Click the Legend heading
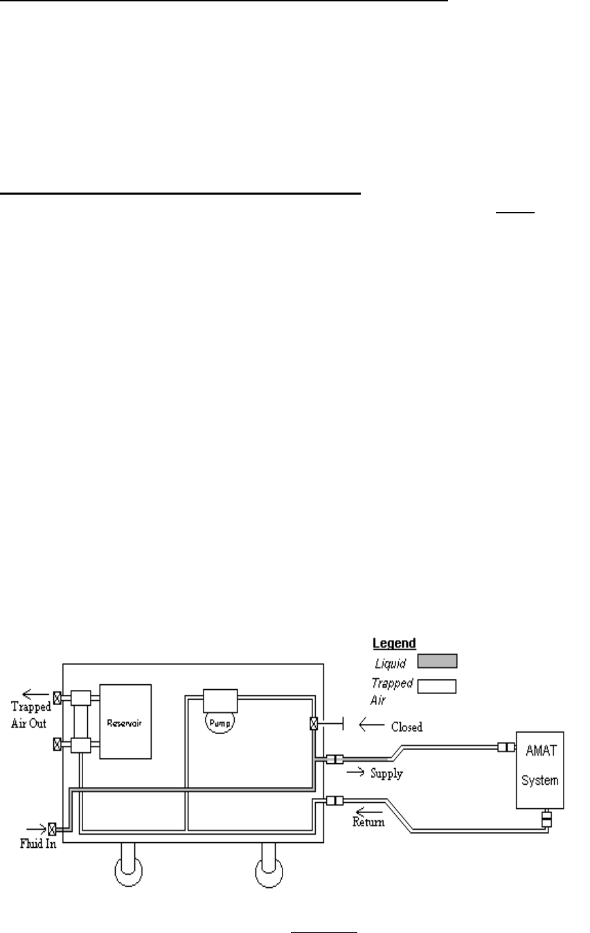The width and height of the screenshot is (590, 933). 394,643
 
